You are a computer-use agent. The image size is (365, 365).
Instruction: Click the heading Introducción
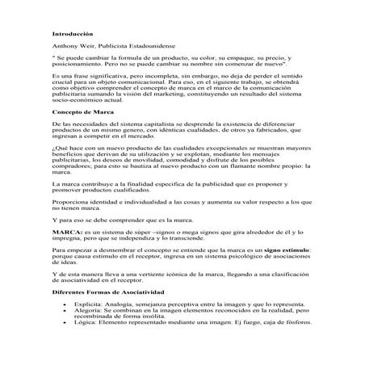tap(73, 34)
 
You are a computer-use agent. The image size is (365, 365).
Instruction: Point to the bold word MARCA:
tap(65, 232)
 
